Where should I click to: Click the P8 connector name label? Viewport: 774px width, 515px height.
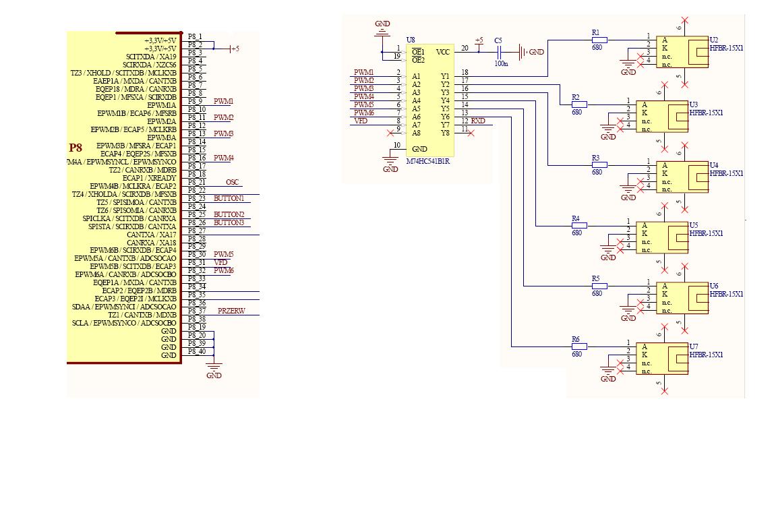[76, 148]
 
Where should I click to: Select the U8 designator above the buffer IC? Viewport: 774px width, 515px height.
[411, 40]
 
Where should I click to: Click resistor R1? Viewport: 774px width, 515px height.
[599, 40]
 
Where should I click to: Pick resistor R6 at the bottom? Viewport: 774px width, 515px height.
[578, 346]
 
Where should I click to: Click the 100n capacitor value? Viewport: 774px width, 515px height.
[500, 63]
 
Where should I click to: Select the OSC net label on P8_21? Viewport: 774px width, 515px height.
[232, 182]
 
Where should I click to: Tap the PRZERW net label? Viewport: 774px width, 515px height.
[231, 311]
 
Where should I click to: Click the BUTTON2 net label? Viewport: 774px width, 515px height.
[229, 214]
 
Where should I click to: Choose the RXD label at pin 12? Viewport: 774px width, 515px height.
[478, 121]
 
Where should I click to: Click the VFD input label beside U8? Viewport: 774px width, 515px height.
[361, 121]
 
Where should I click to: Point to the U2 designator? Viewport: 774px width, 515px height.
[714, 40]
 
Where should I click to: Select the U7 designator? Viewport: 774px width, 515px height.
[694, 346]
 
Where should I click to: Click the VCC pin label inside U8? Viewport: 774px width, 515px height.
[443, 52]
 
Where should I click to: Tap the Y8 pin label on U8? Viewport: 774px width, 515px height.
[445, 133]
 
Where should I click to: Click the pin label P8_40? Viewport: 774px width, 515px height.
[197, 351]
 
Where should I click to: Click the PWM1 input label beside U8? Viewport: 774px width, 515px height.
[363, 72]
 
